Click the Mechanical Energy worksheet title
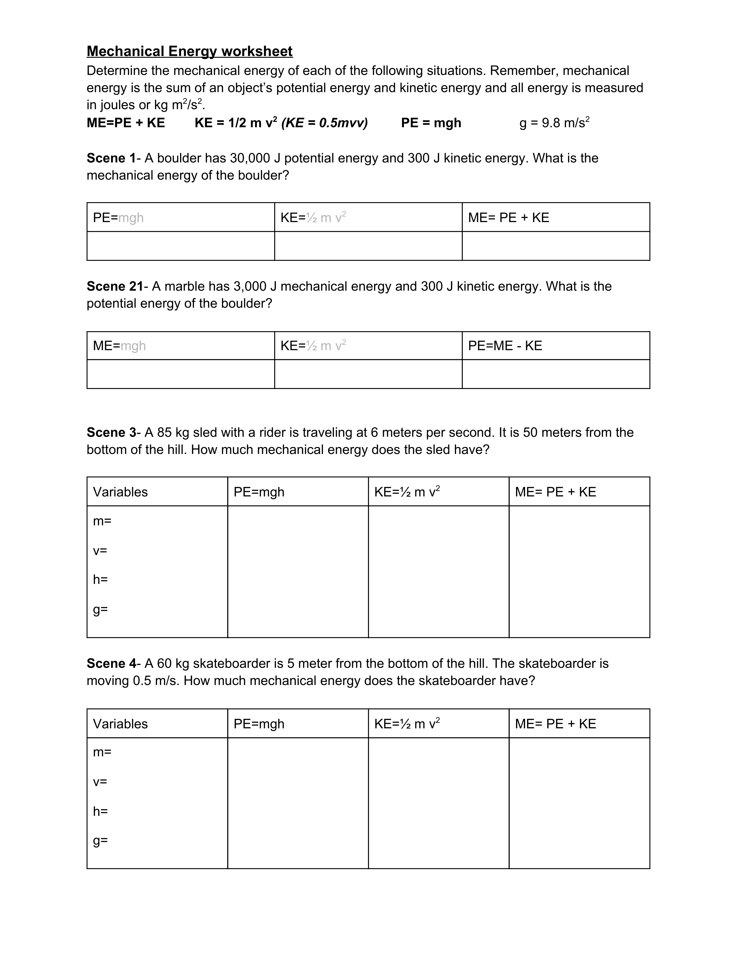click(189, 51)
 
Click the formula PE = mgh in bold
click(431, 123)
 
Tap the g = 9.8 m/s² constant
click(554, 123)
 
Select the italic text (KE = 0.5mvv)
click(324, 123)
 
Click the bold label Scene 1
click(111, 158)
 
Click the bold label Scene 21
click(115, 286)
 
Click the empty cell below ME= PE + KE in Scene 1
click(556, 246)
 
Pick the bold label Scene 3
click(111, 432)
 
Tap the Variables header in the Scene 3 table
click(120, 492)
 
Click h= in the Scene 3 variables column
click(100, 580)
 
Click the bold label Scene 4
click(111, 663)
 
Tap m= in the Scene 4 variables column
click(102, 752)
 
